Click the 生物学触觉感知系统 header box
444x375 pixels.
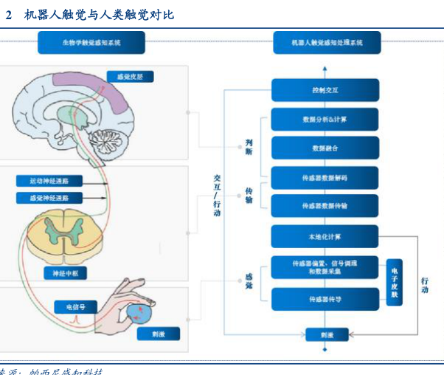(91, 44)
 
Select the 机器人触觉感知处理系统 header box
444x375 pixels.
(327, 44)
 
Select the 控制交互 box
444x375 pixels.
(325, 92)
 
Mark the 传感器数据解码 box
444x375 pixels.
(325, 178)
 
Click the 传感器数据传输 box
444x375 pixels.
(325, 206)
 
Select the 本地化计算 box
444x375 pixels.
(325, 237)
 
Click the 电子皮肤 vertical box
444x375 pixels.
(395, 283)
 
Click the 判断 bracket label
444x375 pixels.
(249, 145)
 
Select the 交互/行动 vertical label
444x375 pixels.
(217, 195)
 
